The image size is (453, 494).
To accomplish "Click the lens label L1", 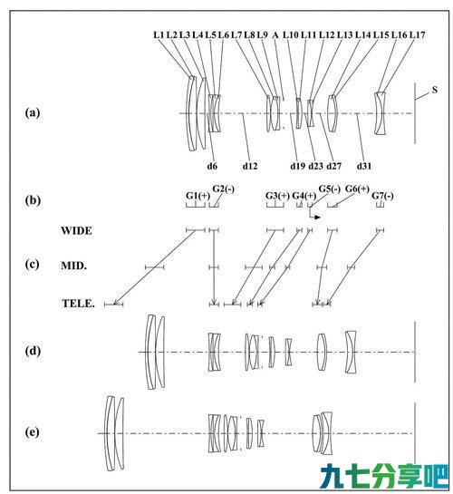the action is (159, 35).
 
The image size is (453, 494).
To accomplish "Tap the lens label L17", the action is (418, 35).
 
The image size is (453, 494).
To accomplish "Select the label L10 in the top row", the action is (291, 35).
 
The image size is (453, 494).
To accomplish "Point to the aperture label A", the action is (275, 35).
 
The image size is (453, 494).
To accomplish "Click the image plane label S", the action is (435, 90).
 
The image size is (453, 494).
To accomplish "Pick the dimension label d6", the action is (212, 166).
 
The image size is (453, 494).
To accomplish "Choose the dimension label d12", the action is (250, 166).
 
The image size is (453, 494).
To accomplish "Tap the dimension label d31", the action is (364, 166).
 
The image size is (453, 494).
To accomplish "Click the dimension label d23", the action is (316, 166).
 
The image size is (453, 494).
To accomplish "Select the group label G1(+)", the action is (198, 196).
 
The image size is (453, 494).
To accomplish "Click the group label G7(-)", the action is (382, 196).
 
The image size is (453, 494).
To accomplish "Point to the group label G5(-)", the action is (330, 189).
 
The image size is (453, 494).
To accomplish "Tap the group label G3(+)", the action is (277, 196).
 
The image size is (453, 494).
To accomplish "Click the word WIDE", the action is (76, 230).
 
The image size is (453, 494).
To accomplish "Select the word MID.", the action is (73, 266).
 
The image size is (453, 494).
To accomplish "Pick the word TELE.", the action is (78, 304).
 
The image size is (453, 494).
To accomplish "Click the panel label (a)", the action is (33, 112).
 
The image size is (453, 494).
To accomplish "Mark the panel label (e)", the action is (33, 432).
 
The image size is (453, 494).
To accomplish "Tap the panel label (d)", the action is (33, 351).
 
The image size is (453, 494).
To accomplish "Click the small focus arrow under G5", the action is (313, 213).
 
